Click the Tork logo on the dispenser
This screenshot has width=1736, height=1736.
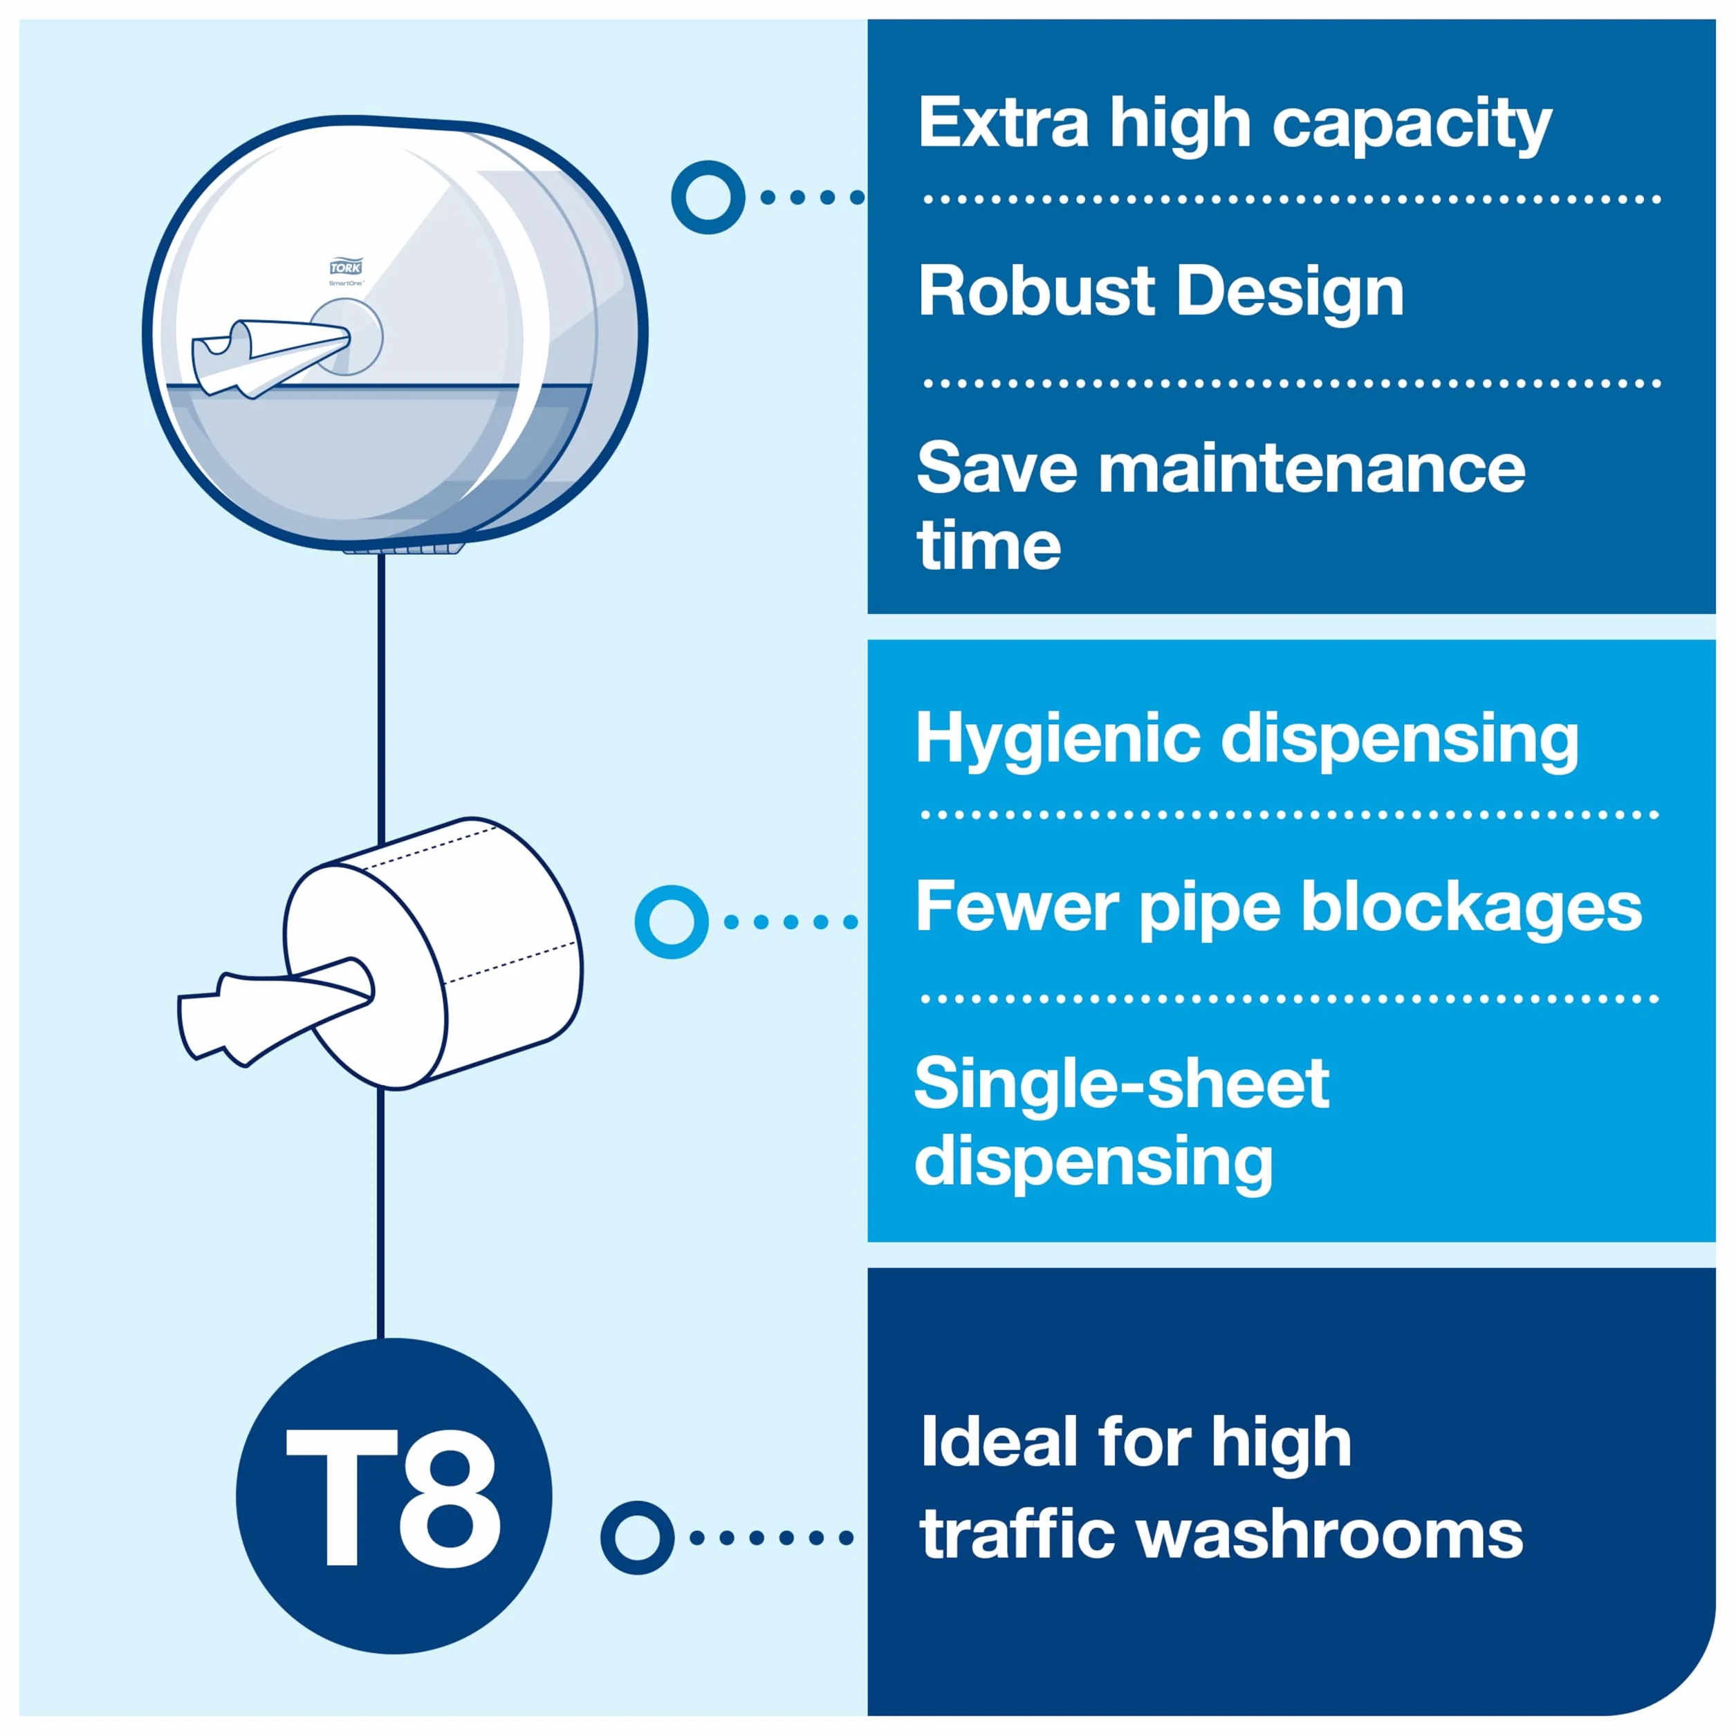(x=346, y=267)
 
